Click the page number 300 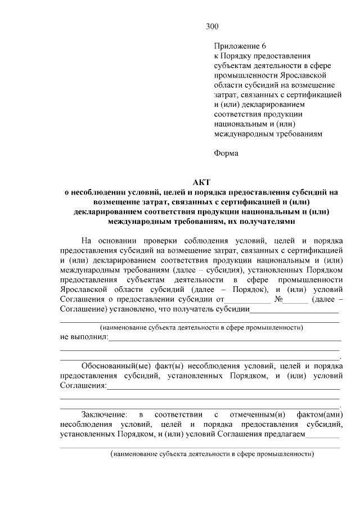point(212,26)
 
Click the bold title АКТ point(200,182)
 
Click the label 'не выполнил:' point(84,337)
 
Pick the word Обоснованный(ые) point(110,365)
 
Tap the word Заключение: point(104,415)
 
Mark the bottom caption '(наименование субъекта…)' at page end point(211,453)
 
